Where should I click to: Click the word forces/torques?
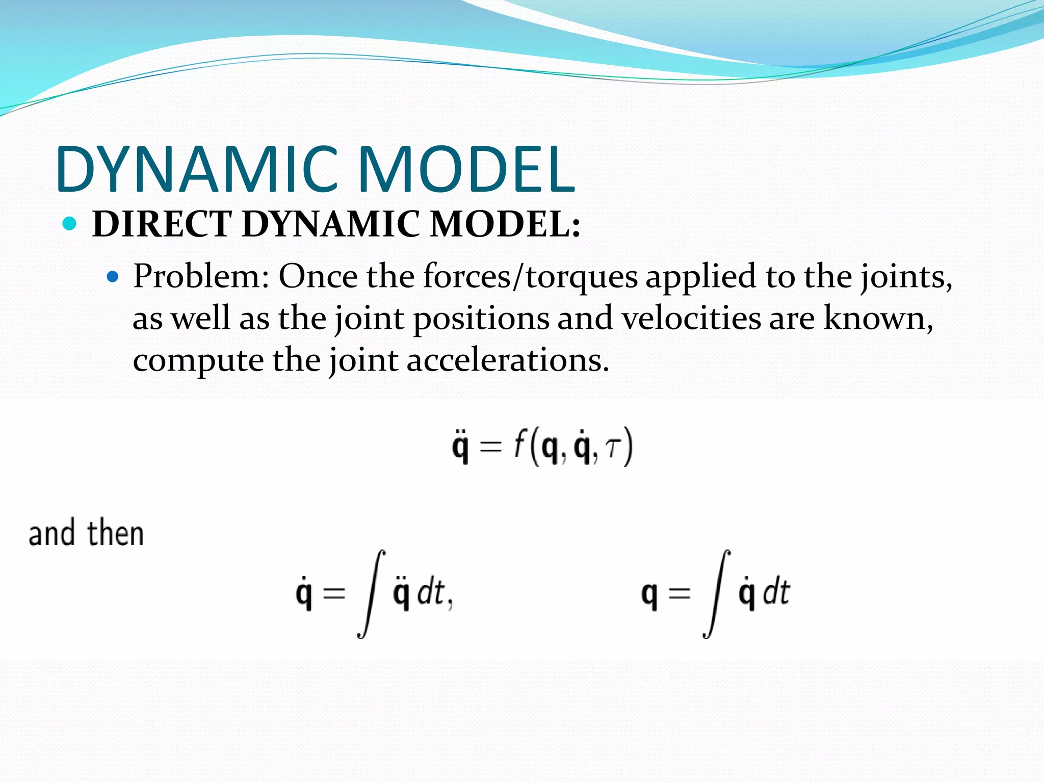coord(530,277)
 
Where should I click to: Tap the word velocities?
coord(691,319)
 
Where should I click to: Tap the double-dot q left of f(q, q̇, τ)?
coord(460,447)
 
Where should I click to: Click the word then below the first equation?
coord(116,534)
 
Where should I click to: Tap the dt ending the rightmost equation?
coord(776,593)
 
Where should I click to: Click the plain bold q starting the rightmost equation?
coord(649,596)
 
